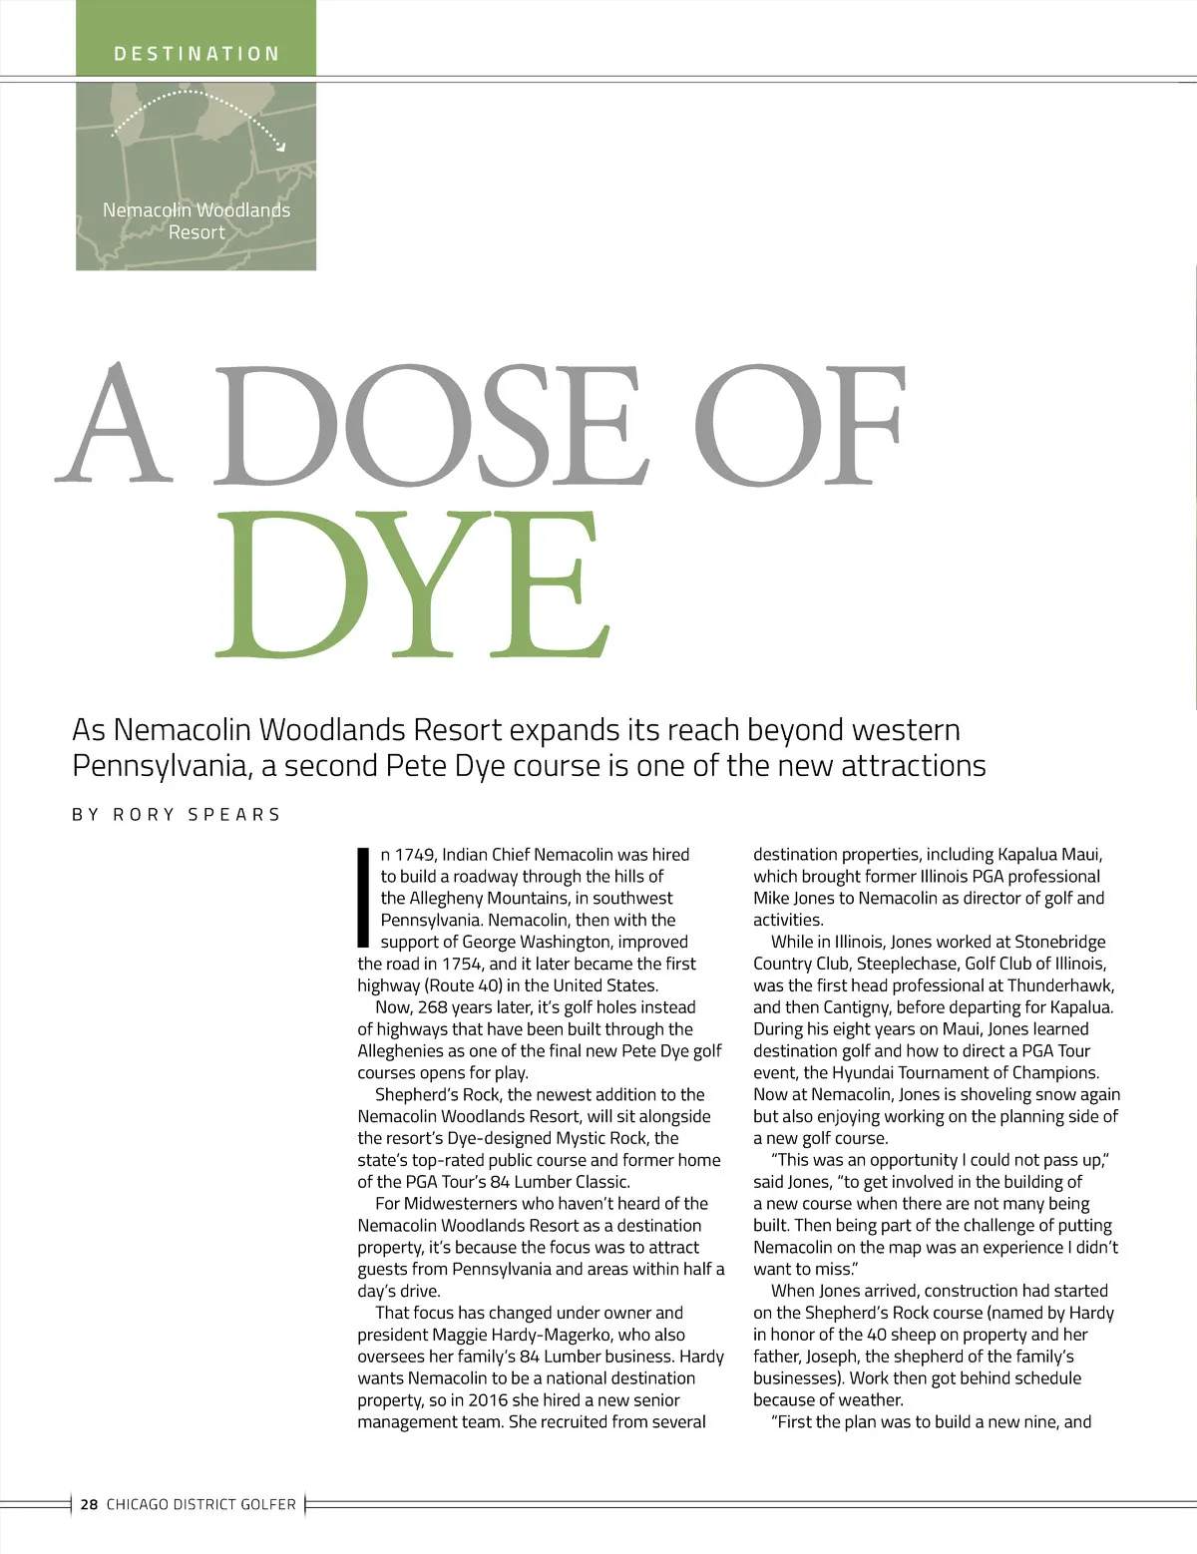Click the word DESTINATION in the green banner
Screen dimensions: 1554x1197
197,54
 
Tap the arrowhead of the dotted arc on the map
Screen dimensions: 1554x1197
281,147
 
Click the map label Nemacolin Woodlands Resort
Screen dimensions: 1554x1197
197,220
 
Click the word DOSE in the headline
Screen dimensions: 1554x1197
430,426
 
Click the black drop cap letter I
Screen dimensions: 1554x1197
364,897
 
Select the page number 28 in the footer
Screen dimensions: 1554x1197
90,1504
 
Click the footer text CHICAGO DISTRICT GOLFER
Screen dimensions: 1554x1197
201,1504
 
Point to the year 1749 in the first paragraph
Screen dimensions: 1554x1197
416,855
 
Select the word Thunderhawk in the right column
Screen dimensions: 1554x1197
1060,985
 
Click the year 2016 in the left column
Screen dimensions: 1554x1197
488,1400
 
